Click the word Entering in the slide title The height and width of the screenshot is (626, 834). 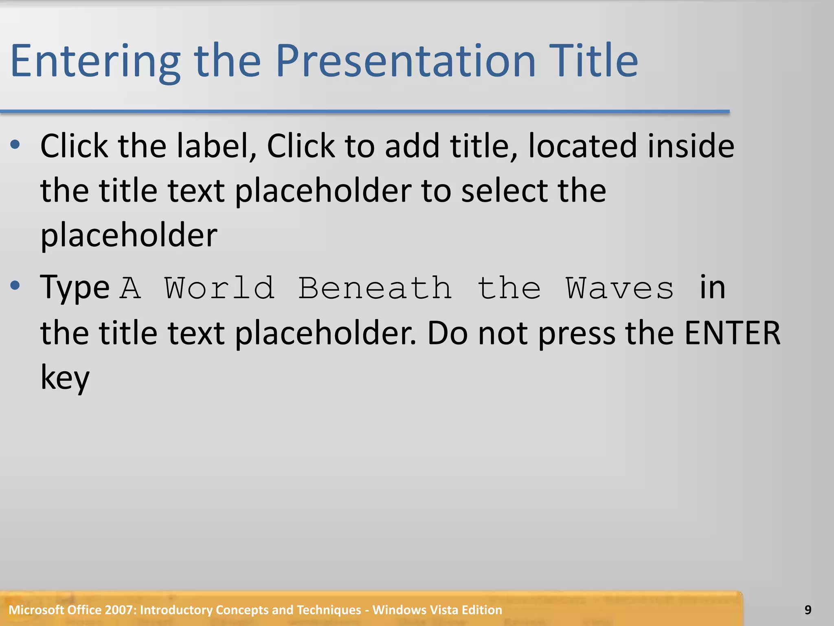point(95,61)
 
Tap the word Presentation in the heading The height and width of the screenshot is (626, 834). point(406,61)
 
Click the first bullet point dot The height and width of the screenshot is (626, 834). point(15,144)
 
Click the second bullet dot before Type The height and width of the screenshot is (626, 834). point(15,286)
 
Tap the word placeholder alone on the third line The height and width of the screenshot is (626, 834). point(129,236)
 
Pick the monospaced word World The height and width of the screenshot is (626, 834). point(219,289)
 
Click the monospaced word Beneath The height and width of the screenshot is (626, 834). point(375,289)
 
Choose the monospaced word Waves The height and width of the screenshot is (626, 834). point(620,289)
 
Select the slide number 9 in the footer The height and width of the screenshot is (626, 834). point(808,610)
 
